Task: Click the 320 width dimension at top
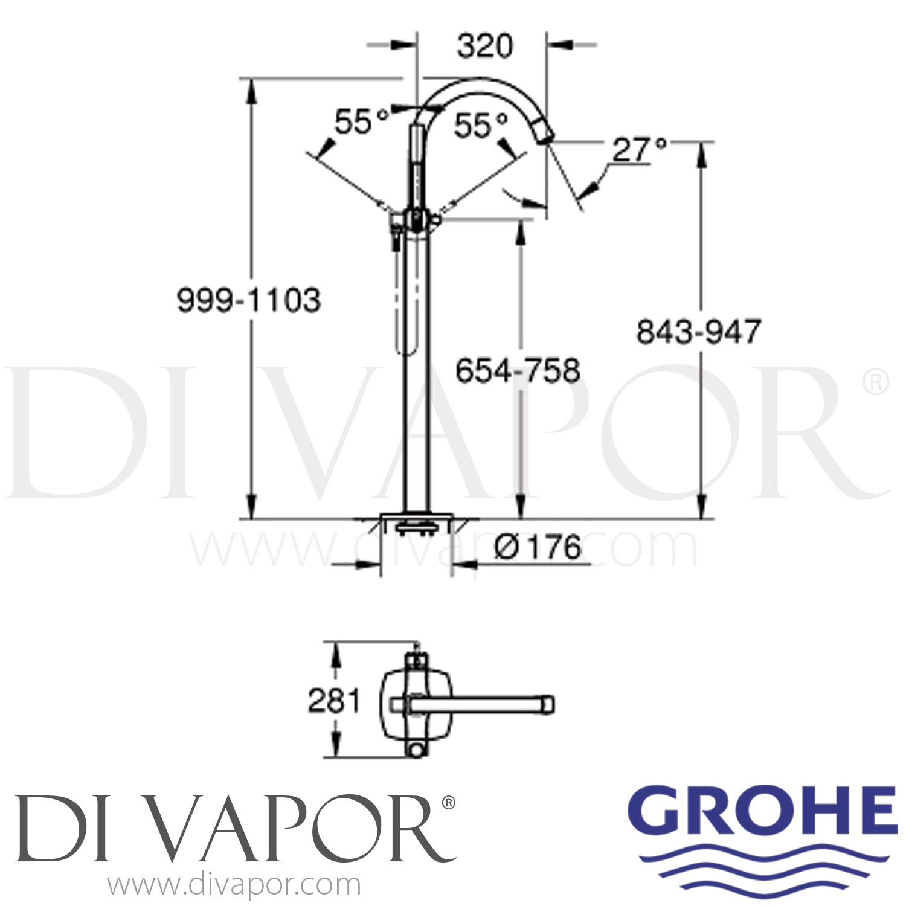pyautogui.click(x=484, y=47)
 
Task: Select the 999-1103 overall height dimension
pyautogui.click(x=248, y=300)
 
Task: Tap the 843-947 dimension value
pyautogui.click(x=699, y=332)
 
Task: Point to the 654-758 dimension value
pyautogui.click(x=518, y=370)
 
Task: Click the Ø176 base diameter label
pyautogui.click(x=537, y=547)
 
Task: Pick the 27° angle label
pyautogui.click(x=640, y=149)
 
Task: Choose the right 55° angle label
pyautogui.click(x=481, y=126)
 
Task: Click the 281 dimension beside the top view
pyautogui.click(x=333, y=701)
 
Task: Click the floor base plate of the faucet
pyautogui.click(x=416, y=519)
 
